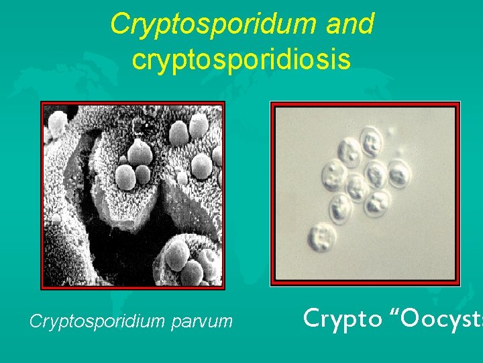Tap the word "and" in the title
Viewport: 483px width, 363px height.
point(350,24)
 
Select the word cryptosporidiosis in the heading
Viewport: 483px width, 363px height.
point(241,59)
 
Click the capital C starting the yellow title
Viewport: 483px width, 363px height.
point(120,24)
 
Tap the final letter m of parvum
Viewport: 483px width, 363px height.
point(226,323)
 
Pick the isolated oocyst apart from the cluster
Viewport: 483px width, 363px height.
point(324,236)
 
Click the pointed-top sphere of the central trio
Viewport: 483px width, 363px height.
point(141,153)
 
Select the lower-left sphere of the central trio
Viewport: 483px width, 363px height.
point(125,177)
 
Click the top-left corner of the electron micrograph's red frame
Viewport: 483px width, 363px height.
point(42,103)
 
